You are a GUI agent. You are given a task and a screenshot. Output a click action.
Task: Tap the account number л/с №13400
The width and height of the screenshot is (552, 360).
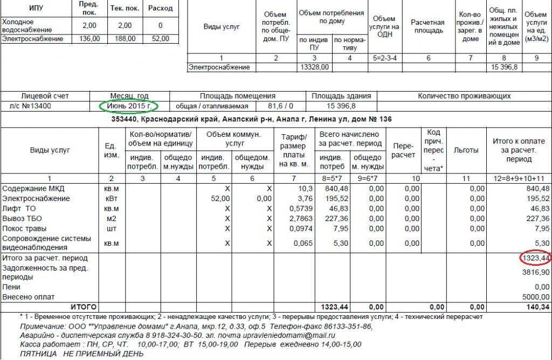(x=26, y=106)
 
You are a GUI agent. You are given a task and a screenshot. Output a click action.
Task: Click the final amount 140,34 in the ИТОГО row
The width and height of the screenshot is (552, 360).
(x=537, y=307)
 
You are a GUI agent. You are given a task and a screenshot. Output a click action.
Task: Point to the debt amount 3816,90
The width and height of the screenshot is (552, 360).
(x=536, y=272)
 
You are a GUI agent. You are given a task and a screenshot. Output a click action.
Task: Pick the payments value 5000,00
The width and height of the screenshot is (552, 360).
(x=536, y=296)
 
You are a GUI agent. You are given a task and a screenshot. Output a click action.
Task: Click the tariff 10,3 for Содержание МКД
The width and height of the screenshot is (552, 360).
(x=305, y=189)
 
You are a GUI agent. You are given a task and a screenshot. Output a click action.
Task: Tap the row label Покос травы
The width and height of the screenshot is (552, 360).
(x=24, y=228)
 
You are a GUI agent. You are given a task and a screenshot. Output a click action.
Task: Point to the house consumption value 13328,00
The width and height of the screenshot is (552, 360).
(x=314, y=67)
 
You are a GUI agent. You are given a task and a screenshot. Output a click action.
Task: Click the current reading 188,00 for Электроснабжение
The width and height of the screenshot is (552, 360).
(x=125, y=39)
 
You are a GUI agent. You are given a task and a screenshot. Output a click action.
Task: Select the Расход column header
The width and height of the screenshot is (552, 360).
(x=161, y=9)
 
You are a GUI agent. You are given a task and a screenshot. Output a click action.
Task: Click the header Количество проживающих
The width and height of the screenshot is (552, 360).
(x=464, y=96)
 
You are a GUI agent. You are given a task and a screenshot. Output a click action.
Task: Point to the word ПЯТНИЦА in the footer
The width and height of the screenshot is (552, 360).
(x=38, y=354)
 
